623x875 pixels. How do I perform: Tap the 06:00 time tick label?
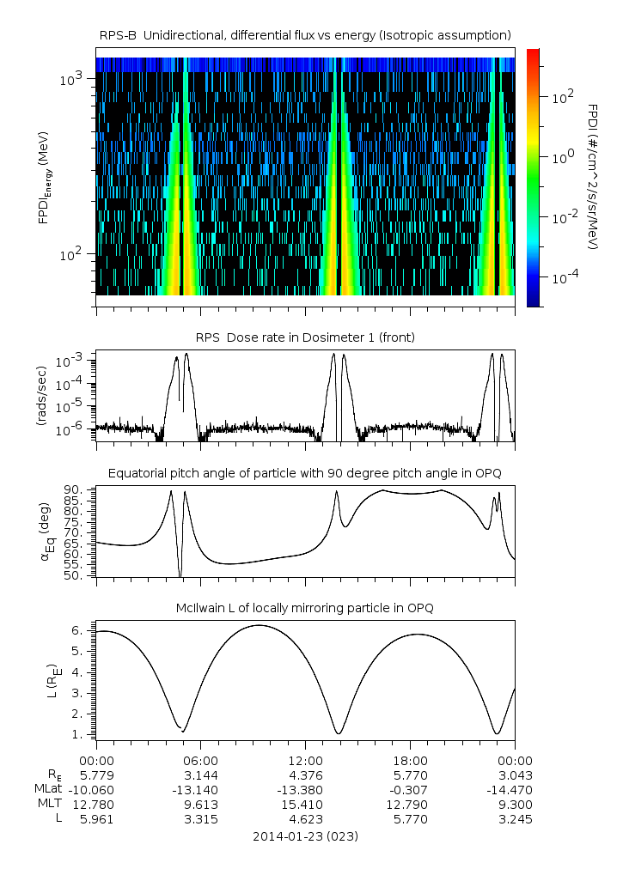200,761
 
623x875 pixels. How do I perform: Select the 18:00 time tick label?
410,761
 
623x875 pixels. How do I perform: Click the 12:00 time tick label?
305,761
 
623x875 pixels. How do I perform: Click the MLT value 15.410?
305,805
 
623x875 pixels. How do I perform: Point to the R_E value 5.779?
96,775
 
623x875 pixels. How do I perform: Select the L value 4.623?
305,819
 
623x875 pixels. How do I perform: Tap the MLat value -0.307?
410,789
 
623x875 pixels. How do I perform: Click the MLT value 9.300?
515,805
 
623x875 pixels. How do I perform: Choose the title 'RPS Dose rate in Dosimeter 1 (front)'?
305,337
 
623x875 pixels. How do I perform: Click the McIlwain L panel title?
305,608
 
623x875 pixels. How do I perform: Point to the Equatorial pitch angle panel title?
305,473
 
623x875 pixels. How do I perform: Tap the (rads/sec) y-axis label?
40,396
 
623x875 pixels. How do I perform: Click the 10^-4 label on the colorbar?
561,277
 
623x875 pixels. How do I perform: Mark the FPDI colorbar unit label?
593,176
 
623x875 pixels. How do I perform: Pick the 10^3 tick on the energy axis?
71,79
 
